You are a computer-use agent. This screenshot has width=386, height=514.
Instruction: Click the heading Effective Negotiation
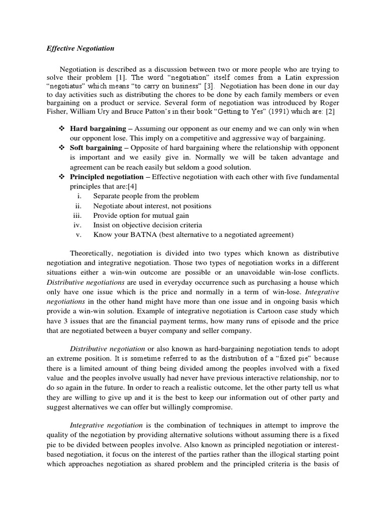80,49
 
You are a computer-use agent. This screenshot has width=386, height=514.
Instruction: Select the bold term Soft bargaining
96,148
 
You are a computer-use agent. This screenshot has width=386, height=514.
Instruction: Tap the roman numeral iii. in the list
77,215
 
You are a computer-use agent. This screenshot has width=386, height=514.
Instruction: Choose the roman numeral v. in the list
78,234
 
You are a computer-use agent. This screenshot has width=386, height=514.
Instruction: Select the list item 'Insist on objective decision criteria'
147,225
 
